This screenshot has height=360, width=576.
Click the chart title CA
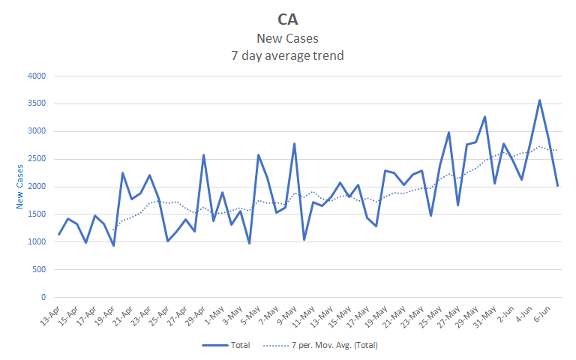[x=289, y=19]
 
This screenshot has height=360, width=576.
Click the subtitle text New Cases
[x=288, y=39]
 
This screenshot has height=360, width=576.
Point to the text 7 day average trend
[x=288, y=55]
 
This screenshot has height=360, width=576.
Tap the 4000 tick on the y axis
[x=36, y=76]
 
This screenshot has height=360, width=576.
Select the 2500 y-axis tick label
[x=36, y=159]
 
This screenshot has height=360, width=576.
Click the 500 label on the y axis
[x=38, y=270]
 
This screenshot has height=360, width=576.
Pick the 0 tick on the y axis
[x=43, y=298]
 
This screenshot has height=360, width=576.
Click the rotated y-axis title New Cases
[x=20, y=187]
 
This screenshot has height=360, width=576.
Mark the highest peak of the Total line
[x=539, y=100]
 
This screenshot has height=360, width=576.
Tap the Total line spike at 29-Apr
[x=204, y=155]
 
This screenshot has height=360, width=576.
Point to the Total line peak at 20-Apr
[x=122, y=173]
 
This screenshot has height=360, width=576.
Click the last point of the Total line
[x=557, y=185]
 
